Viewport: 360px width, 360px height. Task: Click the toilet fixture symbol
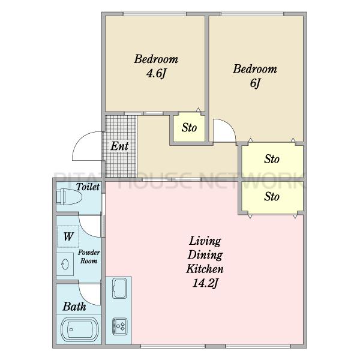point(69,197)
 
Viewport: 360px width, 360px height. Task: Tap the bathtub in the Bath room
point(80,329)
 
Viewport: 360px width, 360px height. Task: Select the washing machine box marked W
point(68,236)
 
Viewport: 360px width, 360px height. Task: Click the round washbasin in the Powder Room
point(65,264)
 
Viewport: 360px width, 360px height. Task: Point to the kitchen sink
point(119,288)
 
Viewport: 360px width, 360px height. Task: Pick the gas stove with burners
point(119,326)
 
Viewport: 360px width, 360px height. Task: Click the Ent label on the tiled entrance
point(119,146)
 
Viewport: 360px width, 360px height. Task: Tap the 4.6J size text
point(156,74)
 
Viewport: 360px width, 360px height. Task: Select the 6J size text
point(255,83)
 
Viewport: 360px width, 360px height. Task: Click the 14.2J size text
point(205,283)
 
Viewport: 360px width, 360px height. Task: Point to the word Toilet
point(88,187)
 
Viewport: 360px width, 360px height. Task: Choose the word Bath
point(74,307)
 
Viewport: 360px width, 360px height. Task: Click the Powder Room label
point(89,257)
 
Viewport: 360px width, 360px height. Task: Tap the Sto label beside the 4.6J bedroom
point(189,127)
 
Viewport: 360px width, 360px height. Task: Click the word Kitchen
point(205,269)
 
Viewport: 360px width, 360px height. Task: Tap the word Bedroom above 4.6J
point(156,59)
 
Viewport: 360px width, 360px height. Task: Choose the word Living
point(205,241)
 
